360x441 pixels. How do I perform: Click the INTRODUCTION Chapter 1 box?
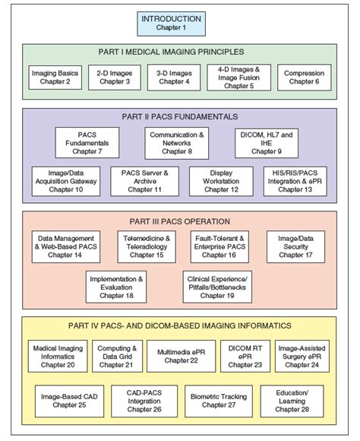[171, 24]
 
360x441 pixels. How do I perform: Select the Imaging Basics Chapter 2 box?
[55, 78]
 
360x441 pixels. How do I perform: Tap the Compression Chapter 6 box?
[304, 78]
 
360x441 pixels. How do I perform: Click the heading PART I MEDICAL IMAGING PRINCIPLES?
[171, 52]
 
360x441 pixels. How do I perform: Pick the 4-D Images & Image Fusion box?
[239, 78]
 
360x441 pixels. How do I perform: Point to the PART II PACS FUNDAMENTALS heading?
[179, 117]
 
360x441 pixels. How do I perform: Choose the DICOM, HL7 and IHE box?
[267, 143]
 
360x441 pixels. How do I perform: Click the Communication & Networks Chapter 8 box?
[176, 143]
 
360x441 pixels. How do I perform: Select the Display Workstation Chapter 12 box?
[221, 181]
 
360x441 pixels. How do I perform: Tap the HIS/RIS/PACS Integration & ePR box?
[295, 181]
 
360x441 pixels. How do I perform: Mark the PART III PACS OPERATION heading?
[179, 221]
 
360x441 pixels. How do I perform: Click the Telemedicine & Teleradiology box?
[147, 246]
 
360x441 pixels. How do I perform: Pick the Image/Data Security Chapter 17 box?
[295, 246]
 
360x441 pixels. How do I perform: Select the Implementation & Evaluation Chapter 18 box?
[116, 287]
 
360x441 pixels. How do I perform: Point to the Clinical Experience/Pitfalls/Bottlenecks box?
[217, 287]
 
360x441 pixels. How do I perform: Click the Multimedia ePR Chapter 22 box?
[181, 356]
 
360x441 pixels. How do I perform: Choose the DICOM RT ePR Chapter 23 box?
[245, 356]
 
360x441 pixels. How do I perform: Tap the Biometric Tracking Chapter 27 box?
[219, 401]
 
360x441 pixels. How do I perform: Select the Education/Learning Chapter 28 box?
[292, 401]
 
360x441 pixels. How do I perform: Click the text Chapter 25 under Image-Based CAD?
[69, 405]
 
